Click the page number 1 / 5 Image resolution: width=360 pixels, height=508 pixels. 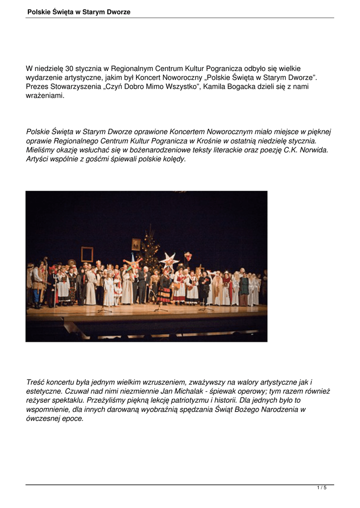pyautogui.click(x=322, y=488)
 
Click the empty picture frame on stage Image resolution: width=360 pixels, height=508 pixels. pyautogui.click(x=87, y=254)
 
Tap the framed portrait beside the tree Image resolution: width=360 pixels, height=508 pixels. pyautogui.click(x=136, y=244)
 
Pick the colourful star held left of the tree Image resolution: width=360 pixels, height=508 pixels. pyautogui.click(x=133, y=262)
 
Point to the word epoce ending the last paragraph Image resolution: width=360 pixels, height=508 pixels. pyautogui.click(x=74, y=418)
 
